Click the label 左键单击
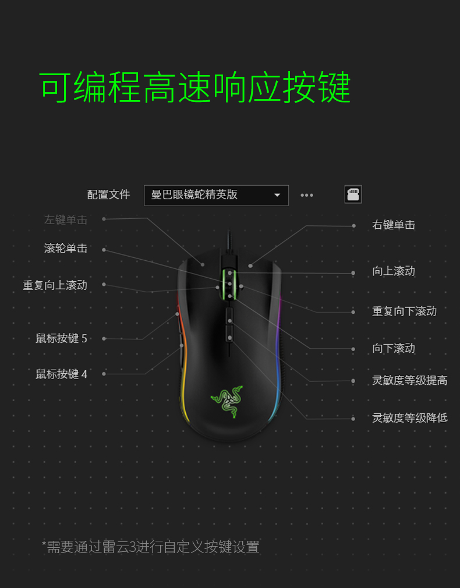(x=66, y=219)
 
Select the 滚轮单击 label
(x=66, y=248)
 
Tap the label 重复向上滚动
(x=55, y=285)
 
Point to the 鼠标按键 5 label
(x=61, y=339)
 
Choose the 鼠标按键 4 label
(x=61, y=374)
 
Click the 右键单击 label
(x=394, y=225)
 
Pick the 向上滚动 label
(x=394, y=271)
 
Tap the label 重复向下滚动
(x=405, y=311)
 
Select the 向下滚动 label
(x=394, y=348)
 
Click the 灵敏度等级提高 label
(x=410, y=380)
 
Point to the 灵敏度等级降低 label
(x=410, y=418)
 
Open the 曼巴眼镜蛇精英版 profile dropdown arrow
(x=277, y=195)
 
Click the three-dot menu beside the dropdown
(x=306, y=195)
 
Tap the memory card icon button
(x=353, y=194)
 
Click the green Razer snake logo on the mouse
(x=227, y=402)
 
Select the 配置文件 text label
(x=108, y=194)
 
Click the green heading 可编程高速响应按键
(x=195, y=87)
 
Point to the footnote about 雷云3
(x=150, y=547)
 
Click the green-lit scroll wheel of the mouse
(x=229, y=284)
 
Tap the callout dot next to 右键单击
(x=354, y=226)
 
